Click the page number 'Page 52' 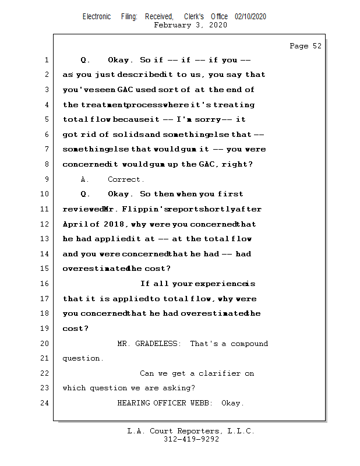pos(305,46)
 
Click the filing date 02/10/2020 pos(250,16)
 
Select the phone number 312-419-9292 pos(191,439)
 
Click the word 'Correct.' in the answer pos(126,179)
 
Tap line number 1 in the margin pos(46,60)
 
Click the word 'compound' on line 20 pos(249,344)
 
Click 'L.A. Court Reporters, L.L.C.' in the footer pos(191,431)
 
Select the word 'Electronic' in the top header pos(97,16)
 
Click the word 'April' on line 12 pos(74,224)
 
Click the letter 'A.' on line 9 pos(85,179)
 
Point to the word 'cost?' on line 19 pos(76,329)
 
